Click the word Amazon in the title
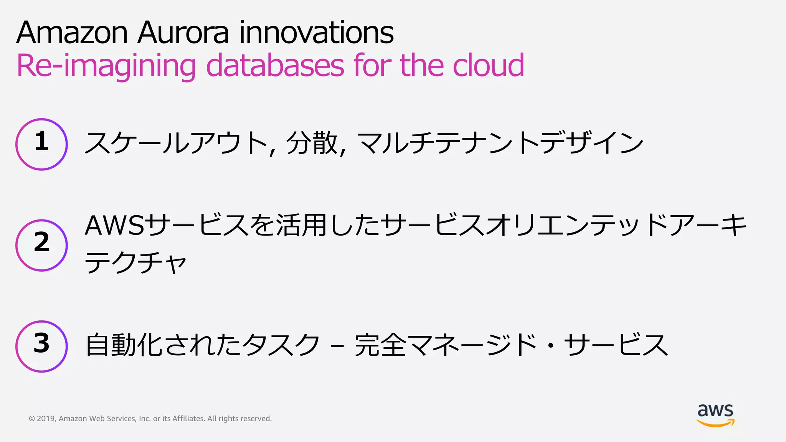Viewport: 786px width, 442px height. tap(72, 33)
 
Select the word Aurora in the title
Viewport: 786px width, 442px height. tap(183, 33)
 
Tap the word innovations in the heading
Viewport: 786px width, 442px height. tap(317, 33)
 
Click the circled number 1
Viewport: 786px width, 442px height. tap(42, 144)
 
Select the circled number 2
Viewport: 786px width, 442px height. tap(42, 245)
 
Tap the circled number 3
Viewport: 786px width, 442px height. tap(42, 346)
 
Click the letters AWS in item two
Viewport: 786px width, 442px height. tap(115, 226)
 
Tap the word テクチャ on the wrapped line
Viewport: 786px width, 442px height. tap(135, 263)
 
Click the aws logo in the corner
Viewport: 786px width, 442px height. tap(715, 415)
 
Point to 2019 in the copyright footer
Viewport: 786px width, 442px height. tap(46, 419)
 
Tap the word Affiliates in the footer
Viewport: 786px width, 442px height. tap(188, 419)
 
